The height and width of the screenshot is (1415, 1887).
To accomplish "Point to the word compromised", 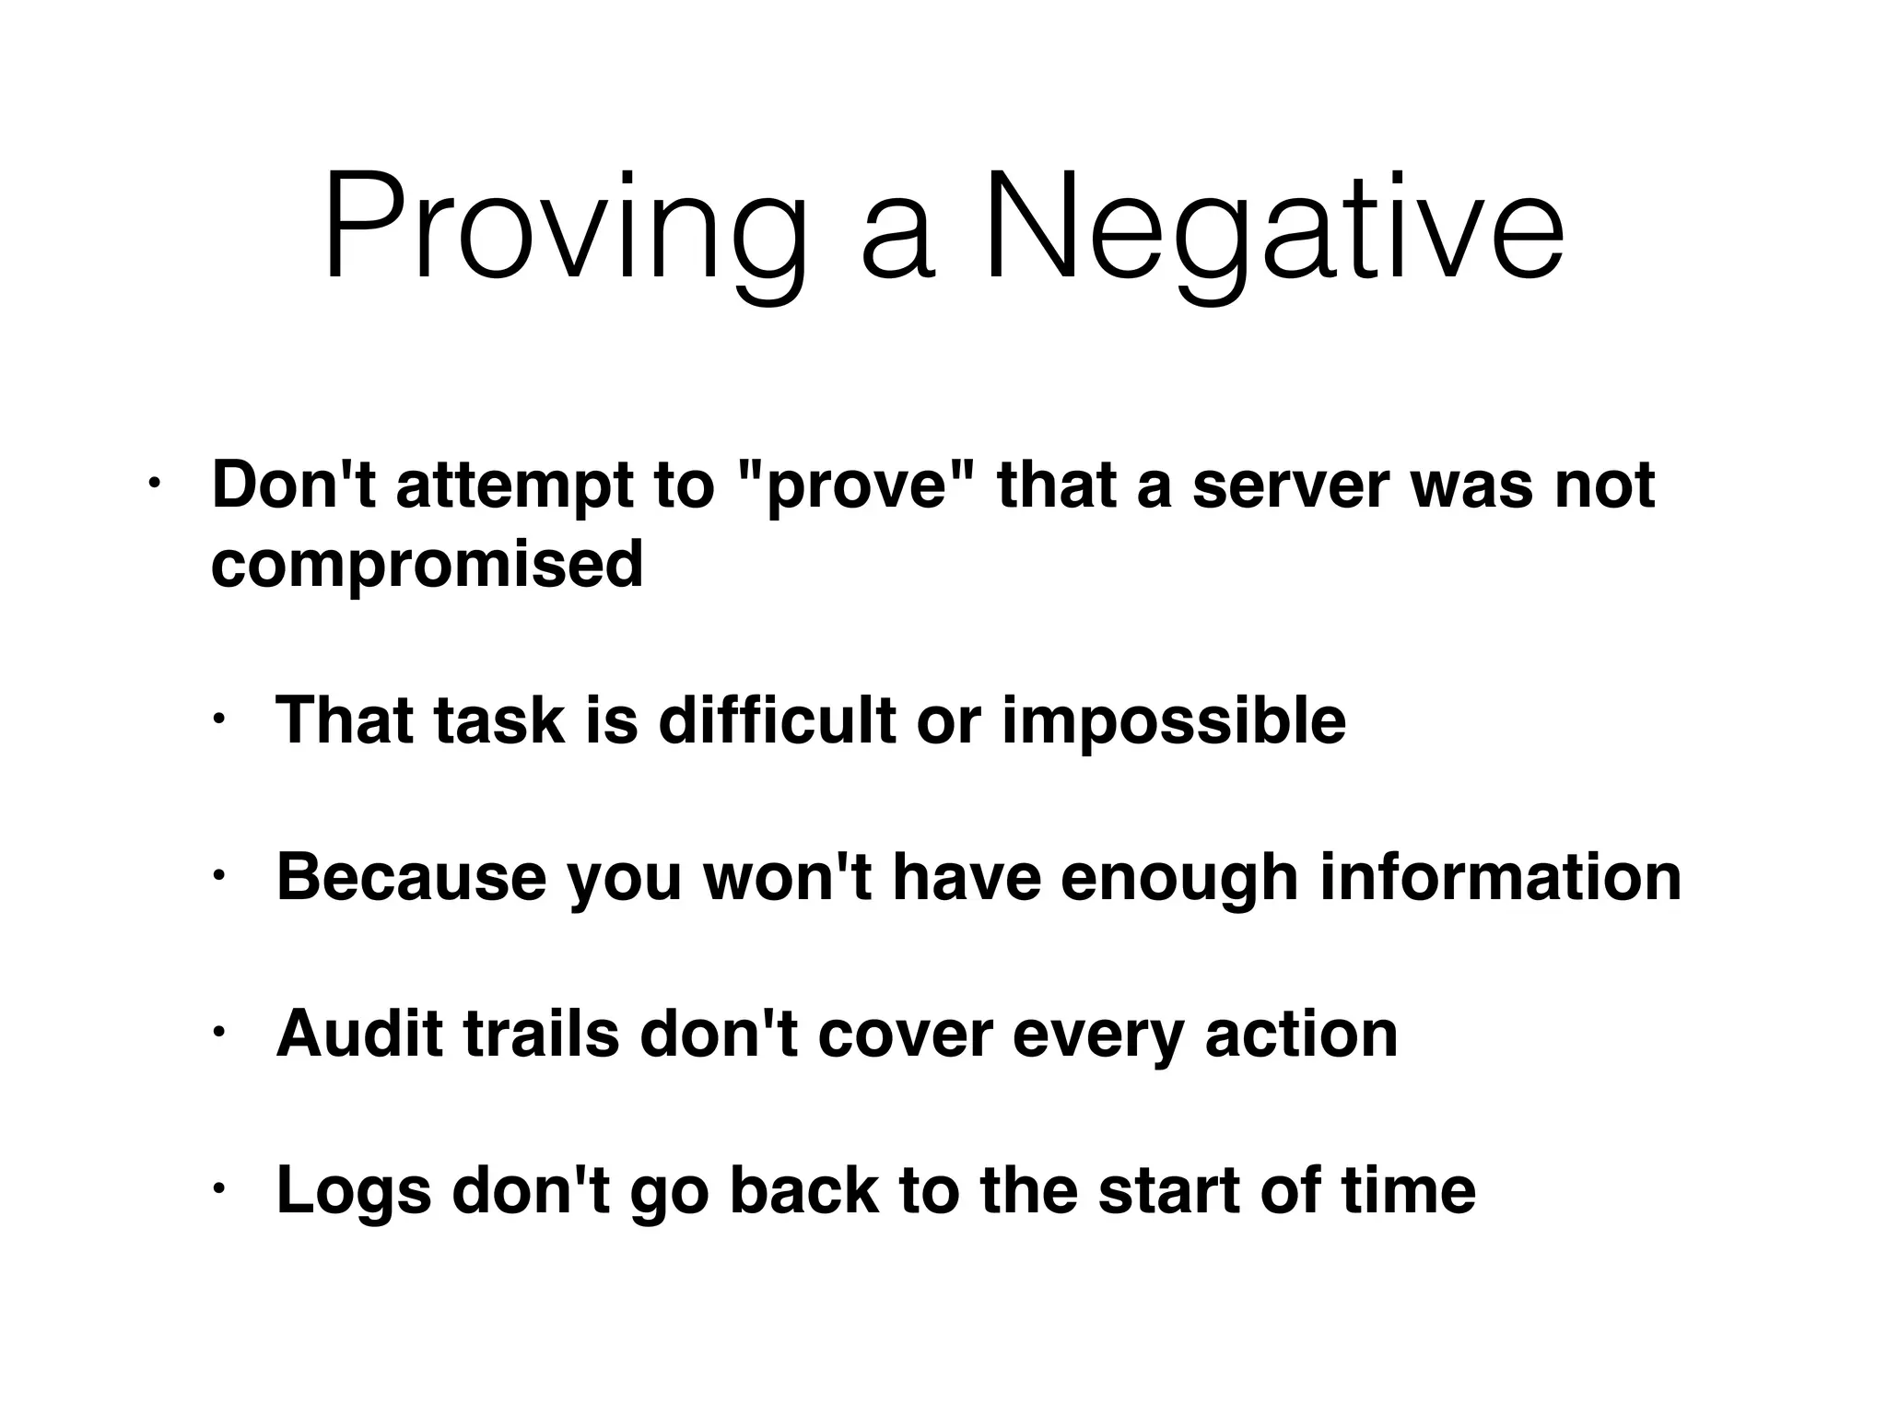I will point(427,564).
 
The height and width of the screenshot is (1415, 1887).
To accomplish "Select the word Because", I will point(411,877).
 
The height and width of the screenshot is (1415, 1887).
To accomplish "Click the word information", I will point(1500,877).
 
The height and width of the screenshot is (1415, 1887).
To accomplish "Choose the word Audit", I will point(360,1034).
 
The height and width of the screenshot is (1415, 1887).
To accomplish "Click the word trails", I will point(541,1034).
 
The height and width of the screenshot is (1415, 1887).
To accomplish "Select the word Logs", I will point(354,1190).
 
